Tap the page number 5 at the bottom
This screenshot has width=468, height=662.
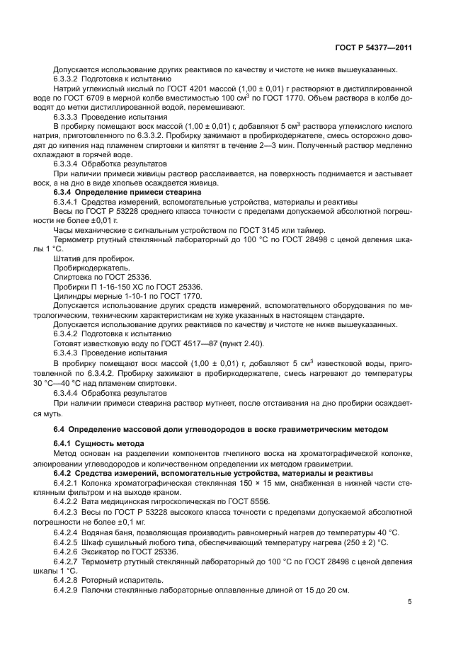409,601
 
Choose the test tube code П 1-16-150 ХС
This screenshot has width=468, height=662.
121,287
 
